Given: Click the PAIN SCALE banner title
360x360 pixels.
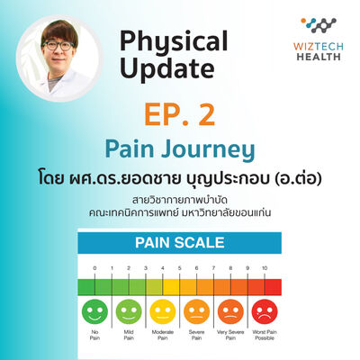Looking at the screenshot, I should (x=180, y=243).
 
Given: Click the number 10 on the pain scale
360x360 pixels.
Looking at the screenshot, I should (x=263, y=268).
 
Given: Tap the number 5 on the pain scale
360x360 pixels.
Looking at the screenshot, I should (x=179, y=268).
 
